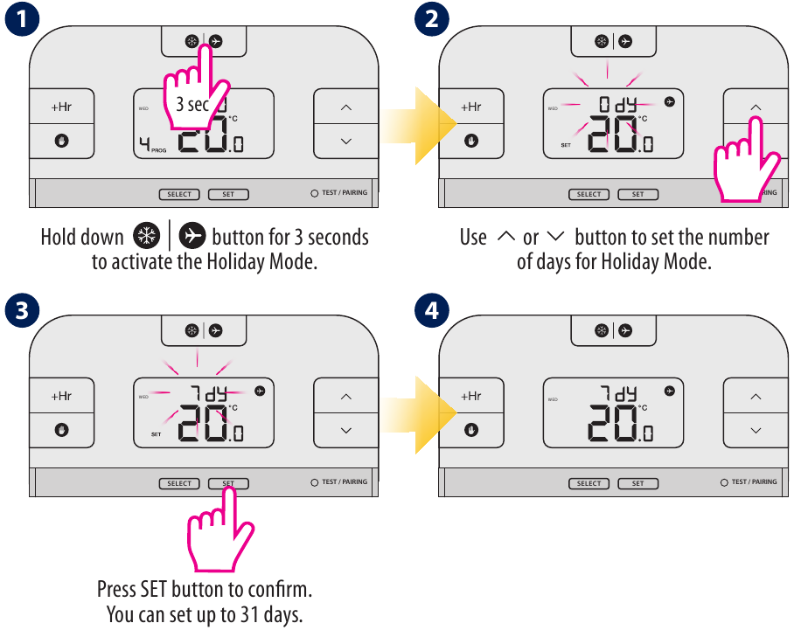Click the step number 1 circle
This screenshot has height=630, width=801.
click(19, 20)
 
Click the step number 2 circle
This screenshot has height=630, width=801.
click(430, 20)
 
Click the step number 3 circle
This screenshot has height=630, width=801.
click(19, 310)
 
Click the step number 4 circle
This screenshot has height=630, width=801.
click(430, 310)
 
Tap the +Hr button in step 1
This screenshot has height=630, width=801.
click(61, 107)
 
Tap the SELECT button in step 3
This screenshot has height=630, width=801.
click(179, 483)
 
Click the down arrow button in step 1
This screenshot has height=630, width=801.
click(345, 141)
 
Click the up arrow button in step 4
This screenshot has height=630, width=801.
click(756, 397)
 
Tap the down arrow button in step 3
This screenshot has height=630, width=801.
click(345, 430)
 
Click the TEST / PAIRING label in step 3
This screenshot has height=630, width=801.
click(345, 482)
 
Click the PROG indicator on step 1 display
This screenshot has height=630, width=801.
click(158, 150)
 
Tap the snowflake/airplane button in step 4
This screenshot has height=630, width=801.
click(613, 330)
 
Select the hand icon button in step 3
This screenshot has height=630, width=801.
click(61, 430)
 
